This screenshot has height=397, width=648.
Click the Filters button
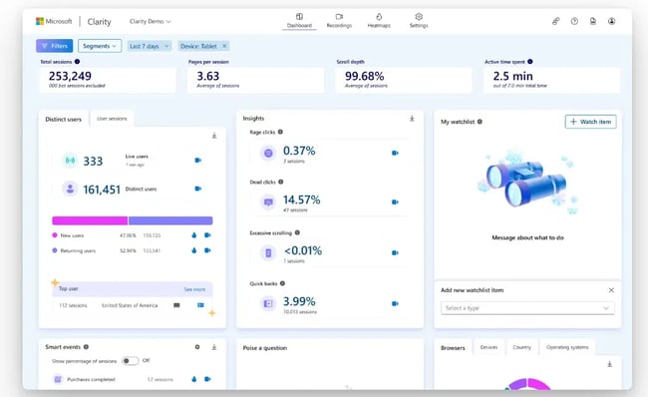coord(54,46)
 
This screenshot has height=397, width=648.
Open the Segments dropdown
coord(99,46)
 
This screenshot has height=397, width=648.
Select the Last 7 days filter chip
coord(149,46)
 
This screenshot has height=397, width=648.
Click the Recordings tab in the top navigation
coord(338,20)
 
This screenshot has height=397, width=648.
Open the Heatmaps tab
coord(379,20)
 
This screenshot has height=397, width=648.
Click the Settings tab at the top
coord(419,20)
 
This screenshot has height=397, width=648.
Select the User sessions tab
coord(112,119)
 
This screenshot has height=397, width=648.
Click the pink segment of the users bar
coord(89,220)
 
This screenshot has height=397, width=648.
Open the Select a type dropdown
coord(527,308)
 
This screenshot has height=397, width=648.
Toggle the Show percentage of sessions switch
coord(130,361)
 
